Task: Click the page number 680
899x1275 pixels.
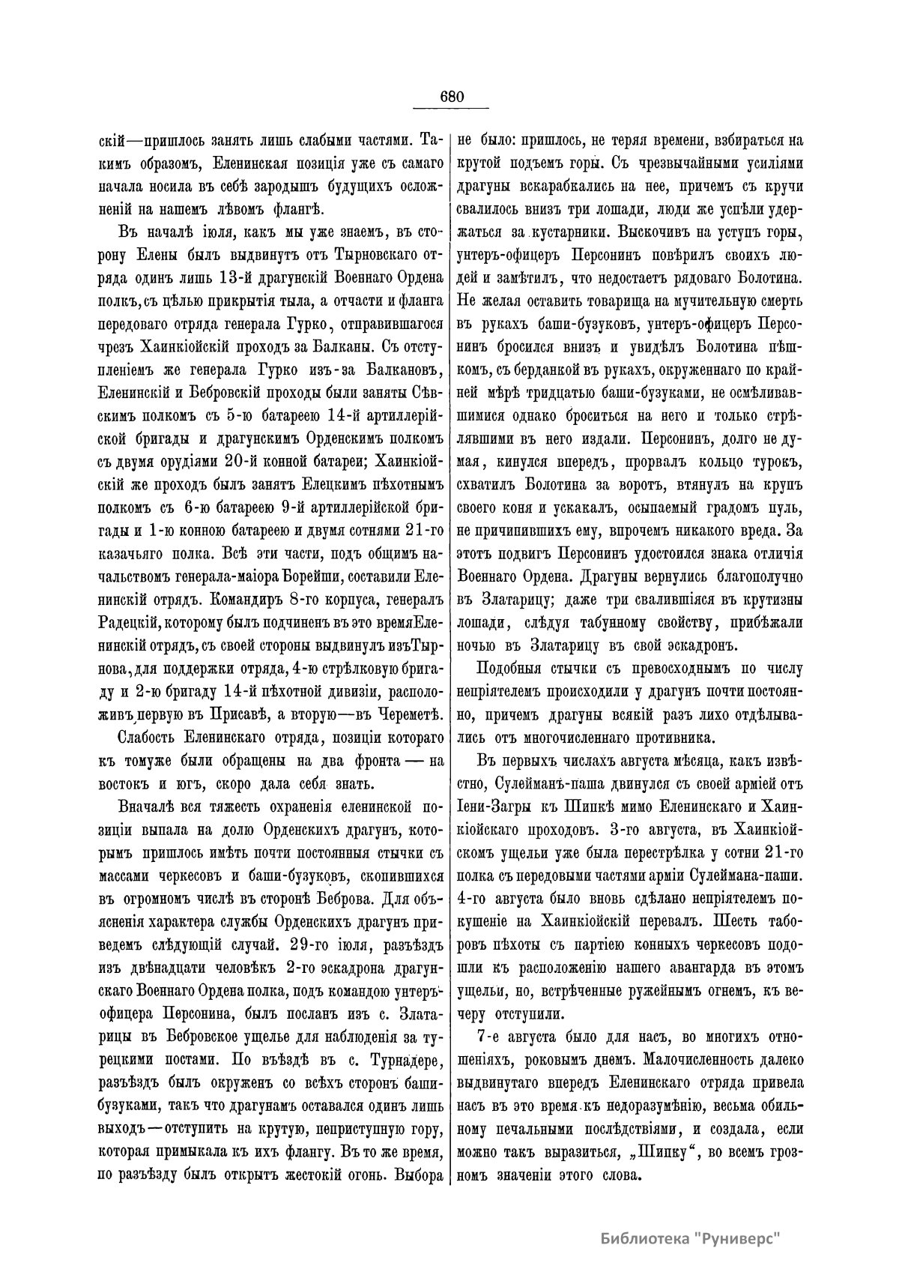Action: tap(452, 97)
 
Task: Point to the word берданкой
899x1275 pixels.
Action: tap(559, 369)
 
